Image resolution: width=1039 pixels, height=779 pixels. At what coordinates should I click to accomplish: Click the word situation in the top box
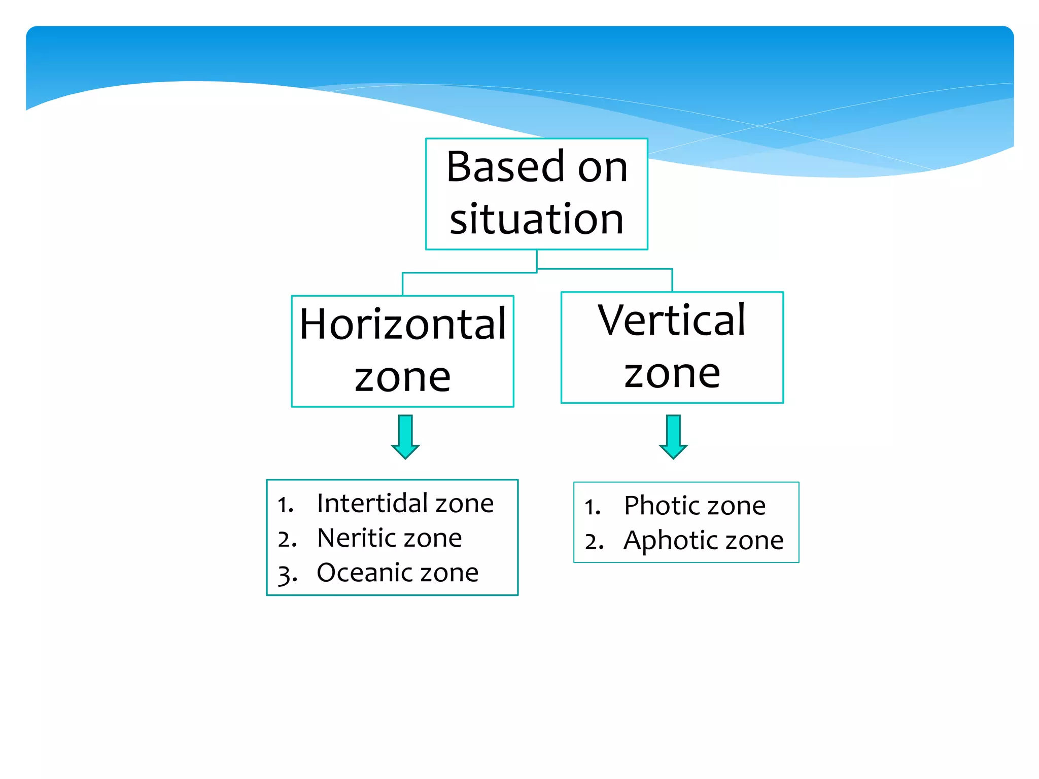(x=536, y=219)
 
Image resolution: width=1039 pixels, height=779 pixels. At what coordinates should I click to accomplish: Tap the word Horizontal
(x=402, y=324)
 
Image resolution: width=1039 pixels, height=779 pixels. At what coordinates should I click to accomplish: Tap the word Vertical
(x=672, y=320)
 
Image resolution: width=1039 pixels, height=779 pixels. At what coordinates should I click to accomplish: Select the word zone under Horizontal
(x=402, y=377)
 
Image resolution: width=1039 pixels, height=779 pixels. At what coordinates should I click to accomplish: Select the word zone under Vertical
(x=672, y=374)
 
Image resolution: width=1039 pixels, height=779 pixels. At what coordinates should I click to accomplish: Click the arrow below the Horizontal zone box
(x=405, y=437)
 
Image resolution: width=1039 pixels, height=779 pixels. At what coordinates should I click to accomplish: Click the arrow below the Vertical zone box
(x=673, y=437)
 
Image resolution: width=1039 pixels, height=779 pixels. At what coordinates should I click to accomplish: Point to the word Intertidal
(x=372, y=503)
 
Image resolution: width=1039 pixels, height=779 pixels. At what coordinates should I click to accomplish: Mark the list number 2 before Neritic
(x=286, y=539)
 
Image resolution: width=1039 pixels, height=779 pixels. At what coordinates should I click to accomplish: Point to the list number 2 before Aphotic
(x=593, y=542)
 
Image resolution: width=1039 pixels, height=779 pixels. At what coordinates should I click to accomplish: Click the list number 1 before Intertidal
(x=285, y=505)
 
